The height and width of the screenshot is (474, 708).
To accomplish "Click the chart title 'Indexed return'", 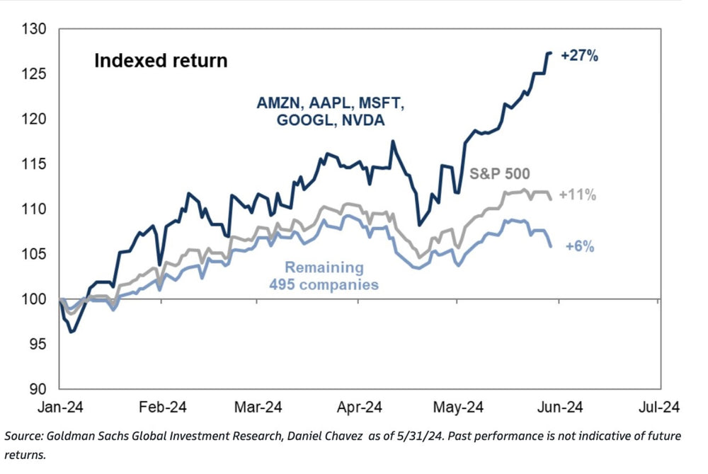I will click(161, 61).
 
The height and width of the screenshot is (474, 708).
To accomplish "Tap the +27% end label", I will click(579, 55).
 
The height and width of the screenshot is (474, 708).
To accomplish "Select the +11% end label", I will click(577, 195).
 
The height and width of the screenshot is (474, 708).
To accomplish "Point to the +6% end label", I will click(580, 246).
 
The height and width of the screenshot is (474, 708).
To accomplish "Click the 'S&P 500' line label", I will click(501, 173).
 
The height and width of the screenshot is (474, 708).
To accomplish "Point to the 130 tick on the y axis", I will click(33, 30).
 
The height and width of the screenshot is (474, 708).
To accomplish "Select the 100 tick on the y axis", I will click(33, 299).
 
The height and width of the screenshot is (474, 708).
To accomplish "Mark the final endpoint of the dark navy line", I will click(551, 53).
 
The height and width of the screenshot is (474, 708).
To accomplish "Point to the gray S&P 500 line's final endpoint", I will click(550, 199).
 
